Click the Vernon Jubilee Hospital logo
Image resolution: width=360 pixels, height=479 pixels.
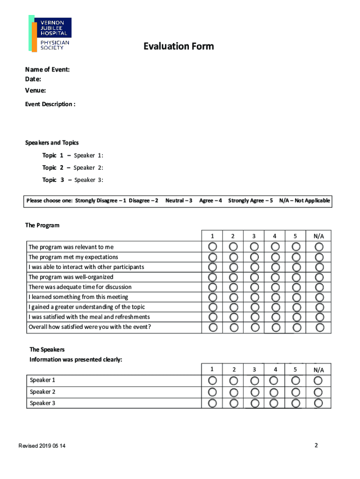[50, 34]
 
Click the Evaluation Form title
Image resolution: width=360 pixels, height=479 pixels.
[179, 46]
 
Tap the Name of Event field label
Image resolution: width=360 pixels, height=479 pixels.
[48, 70]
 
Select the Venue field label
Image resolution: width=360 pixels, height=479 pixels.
[36, 90]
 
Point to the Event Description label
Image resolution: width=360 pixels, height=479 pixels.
[50, 104]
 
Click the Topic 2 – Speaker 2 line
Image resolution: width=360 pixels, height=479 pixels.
[73, 167]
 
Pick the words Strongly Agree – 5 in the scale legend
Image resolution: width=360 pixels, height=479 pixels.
[250, 201]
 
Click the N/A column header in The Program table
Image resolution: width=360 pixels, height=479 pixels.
[319, 236]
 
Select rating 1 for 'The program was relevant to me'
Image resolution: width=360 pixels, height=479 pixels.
[213, 247]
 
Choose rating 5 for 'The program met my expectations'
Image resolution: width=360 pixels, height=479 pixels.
[296, 257]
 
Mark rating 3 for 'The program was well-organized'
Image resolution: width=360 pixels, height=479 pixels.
[254, 277]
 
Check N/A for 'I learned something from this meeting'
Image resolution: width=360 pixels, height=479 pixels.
[319, 297]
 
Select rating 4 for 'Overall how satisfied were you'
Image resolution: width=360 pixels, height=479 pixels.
[275, 327]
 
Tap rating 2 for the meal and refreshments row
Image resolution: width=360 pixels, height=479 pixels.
[234, 317]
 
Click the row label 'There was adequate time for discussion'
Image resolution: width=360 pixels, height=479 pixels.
[80, 287]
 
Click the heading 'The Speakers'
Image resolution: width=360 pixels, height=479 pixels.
[47, 349]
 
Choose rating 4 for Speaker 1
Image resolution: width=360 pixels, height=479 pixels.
[275, 380]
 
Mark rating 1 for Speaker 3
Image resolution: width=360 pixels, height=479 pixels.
[212, 403]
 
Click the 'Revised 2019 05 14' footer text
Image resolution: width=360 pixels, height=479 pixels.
[42, 446]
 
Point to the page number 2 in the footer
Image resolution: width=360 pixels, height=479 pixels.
[316, 445]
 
